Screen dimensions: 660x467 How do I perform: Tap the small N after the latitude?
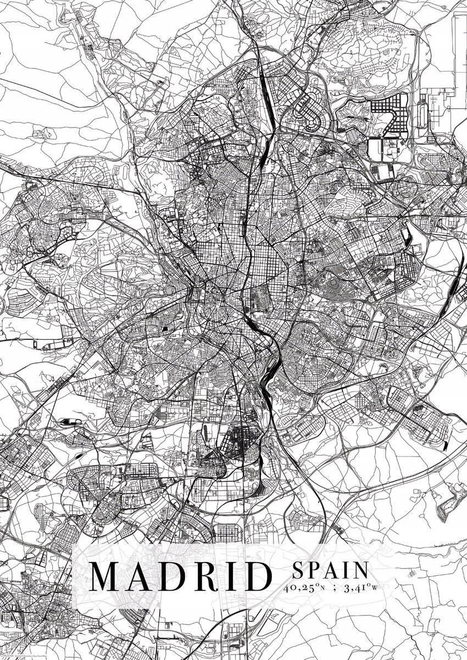[x=321, y=589]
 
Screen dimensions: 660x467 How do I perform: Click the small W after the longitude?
[x=375, y=589]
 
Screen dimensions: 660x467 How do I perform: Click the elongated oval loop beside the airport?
[x=422, y=113]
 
